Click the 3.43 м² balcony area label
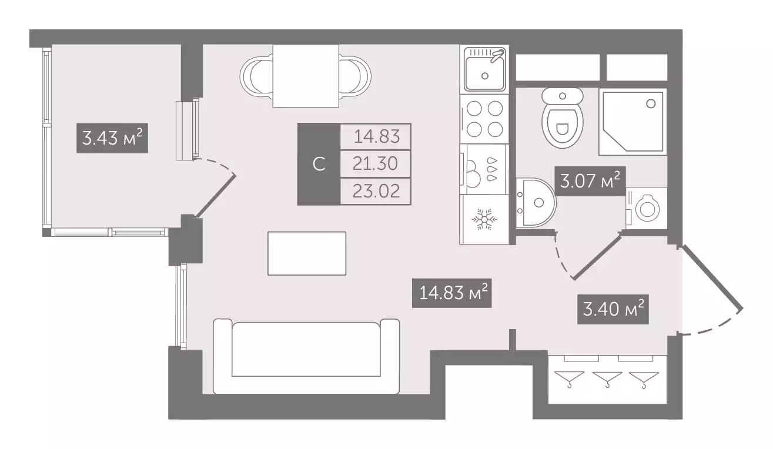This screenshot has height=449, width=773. pyautogui.click(x=112, y=138)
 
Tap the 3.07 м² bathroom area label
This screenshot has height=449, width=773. pyautogui.click(x=590, y=181)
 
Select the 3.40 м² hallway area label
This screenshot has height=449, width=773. pyautogui.click(x=613, y=309)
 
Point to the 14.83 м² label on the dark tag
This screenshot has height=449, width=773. pyautogui.click(x=452, y=293)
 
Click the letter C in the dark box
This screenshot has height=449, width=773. pyautogui.click(x=319, y=165)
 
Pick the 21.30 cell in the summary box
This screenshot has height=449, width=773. pyautogui.click(x=376, y=163)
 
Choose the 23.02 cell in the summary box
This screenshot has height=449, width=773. pyautogui.click(x=376, y=191)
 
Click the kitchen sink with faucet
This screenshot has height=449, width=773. pyautogui.click(x=484, y=69)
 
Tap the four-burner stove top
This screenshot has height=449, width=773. pyautogui.click(x=484, y=119)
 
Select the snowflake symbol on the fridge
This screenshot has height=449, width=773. pyautogui.click(x=484, y=219)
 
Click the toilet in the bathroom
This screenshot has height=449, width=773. pyautogui.click(x=562, y=118)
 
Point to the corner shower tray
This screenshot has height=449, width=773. pyautogui.click(x=633, y=122)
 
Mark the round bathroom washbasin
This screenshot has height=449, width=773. pyautogui.click(x=536, y=202)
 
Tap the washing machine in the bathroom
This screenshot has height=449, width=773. pyautogui.click(x=646, y=208)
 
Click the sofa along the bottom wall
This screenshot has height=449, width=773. pyautogui.click(x=306, y=356)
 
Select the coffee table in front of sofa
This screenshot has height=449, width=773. pyautogui.click(x=307, y=253)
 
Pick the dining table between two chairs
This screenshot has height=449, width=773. pyautogui.click(x=306, y=76)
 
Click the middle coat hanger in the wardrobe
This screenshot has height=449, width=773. pyautogui.click(x=607, y=379)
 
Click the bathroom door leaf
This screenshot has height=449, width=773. pyautogui.click(x=596, y=256)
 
